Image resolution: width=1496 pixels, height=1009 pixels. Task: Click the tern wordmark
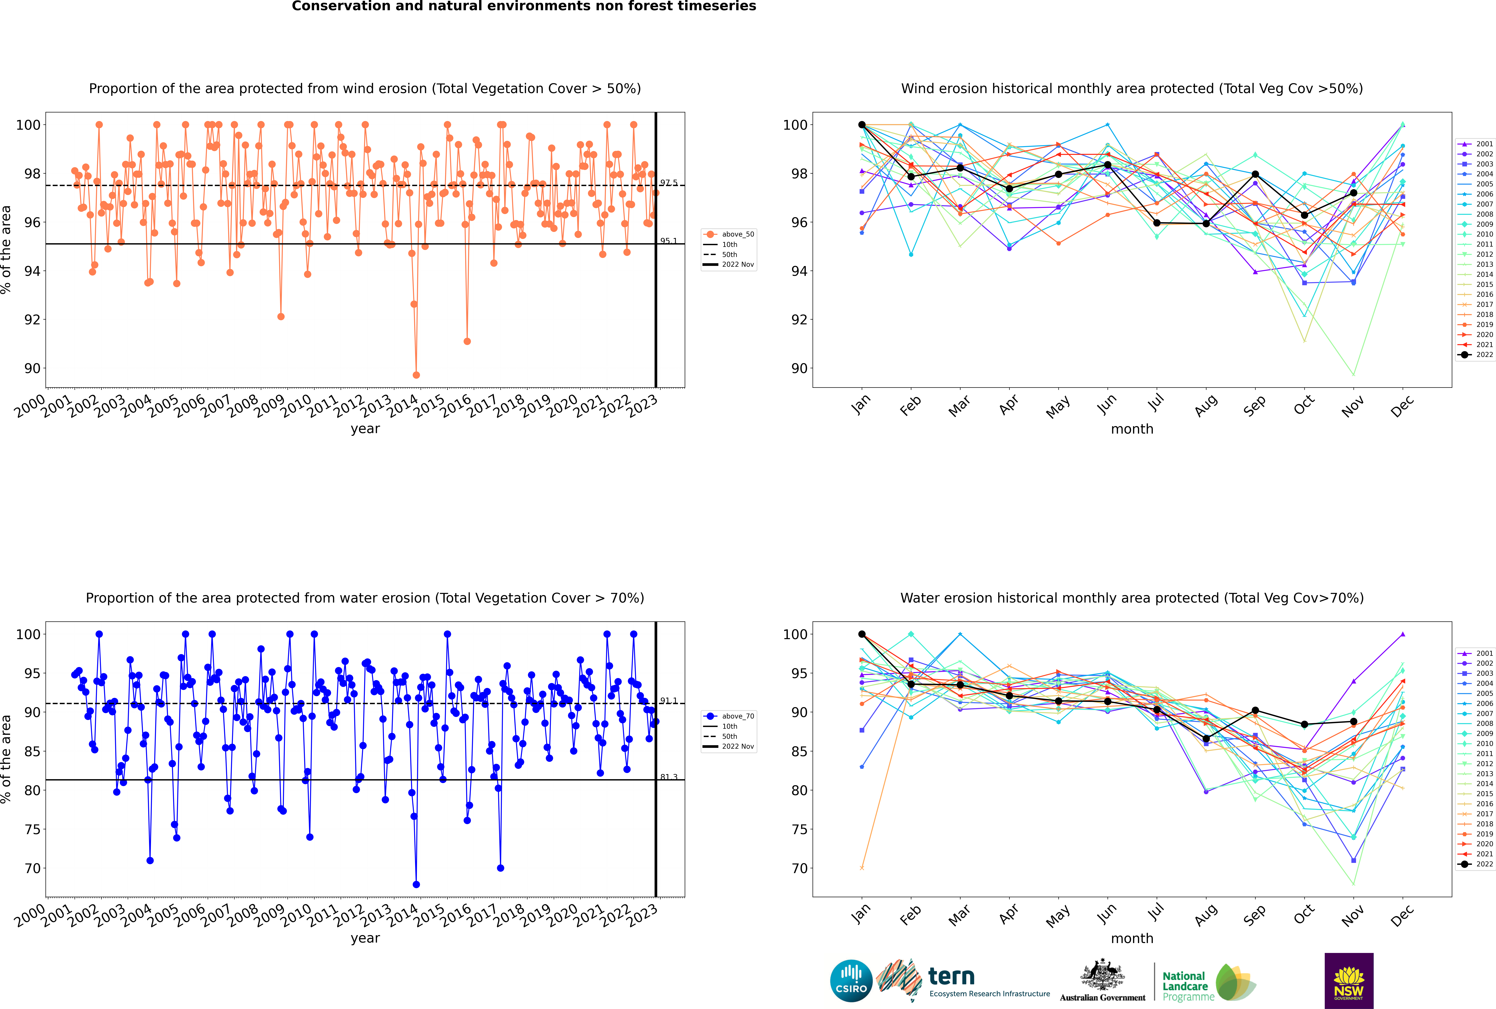tap(951, 977)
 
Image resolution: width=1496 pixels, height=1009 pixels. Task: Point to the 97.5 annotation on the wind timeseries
tap(668, 183)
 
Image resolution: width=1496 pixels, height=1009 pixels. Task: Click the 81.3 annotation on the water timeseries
tap(668, 777)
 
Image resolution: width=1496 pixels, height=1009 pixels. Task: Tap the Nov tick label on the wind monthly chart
tap(1353, 406)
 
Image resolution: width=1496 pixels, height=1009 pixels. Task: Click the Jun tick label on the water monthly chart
tap(1107, 914)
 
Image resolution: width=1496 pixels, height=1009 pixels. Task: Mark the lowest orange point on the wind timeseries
tap(416, 375)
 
